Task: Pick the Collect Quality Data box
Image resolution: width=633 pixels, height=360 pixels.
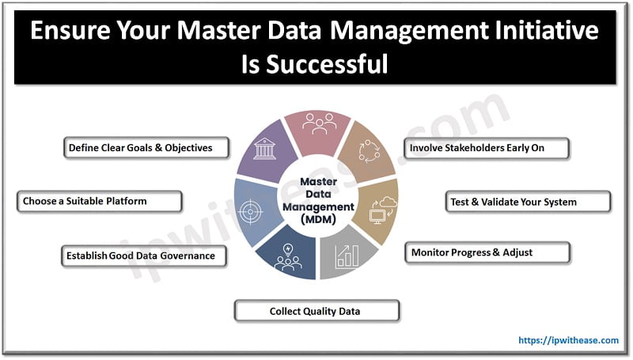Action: [x=316, y=311]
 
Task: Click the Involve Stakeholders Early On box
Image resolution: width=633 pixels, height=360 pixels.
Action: [x=487, y=147]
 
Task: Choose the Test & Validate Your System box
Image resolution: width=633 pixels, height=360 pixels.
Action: [x=528, y=201]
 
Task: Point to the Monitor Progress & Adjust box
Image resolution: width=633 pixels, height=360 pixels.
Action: [x=487, y=253]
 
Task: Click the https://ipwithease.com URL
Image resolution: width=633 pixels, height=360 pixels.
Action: [x=568, y=340]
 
